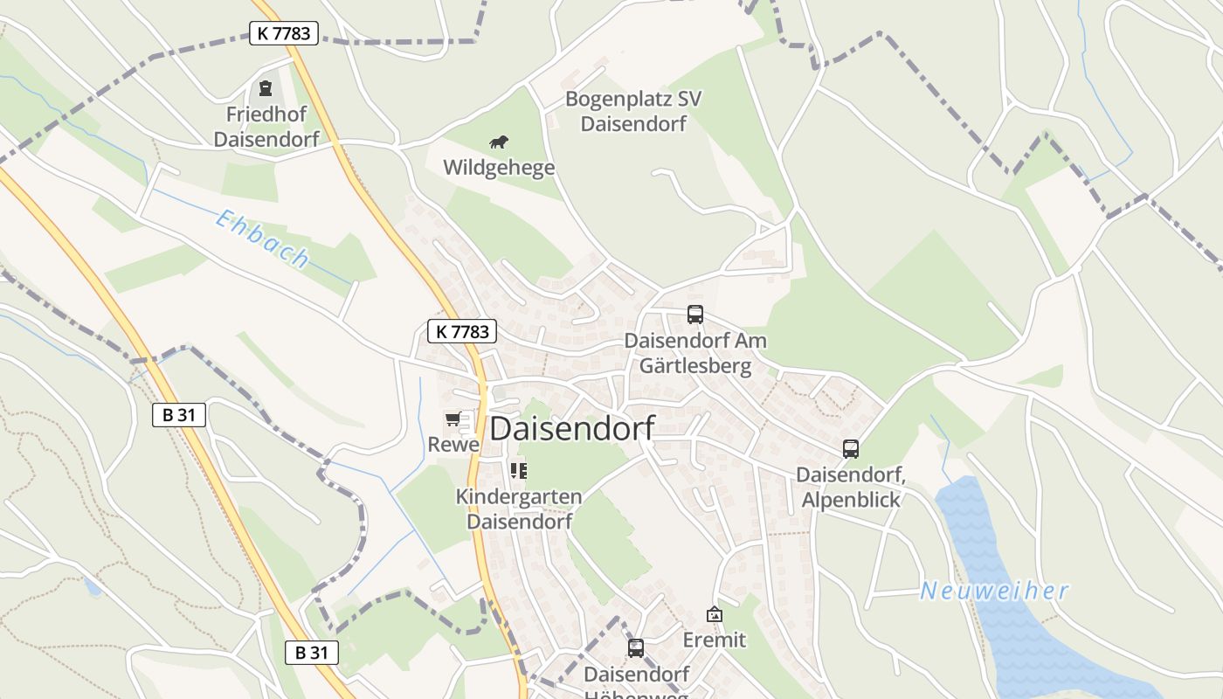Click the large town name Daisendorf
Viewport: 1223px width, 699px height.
point(572,428)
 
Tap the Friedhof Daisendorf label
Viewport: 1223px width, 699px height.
point(266,127)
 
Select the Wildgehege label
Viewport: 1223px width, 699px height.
point(499,168)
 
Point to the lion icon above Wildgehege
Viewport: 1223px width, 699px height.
point(499,142)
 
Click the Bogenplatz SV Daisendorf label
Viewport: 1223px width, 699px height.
point(633,111)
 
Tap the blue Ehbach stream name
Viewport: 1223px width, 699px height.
point(262,239)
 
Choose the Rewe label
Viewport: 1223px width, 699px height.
point(453,445)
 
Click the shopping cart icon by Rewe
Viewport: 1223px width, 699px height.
point(453,419)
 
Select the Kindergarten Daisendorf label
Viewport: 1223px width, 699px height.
point(519,509)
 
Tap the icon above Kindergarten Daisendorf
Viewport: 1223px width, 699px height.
point(519,471)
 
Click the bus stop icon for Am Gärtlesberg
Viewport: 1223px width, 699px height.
point(695,315)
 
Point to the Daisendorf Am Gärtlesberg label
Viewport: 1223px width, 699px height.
point(695,353)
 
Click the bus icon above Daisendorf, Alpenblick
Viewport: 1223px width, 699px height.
point(851,449)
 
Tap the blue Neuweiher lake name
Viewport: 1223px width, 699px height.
point(994,592)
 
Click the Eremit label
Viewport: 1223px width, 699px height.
point(715,640)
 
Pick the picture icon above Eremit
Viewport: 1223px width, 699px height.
point(715,615)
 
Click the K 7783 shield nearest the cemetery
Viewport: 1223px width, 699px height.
point(284,33)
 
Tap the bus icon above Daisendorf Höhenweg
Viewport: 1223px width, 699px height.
point(636,648)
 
